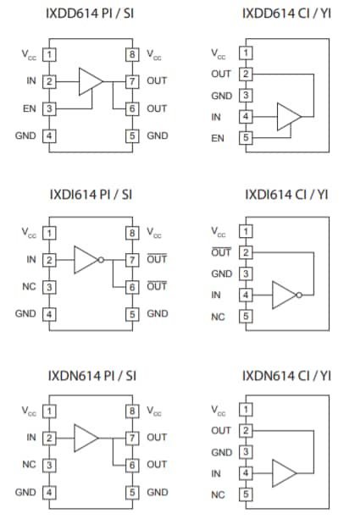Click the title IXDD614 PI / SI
pos(91,14)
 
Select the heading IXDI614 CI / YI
pos(286,195)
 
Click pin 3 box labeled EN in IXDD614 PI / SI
pos(50,108)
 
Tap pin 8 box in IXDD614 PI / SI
pos(132,54)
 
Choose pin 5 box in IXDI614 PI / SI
pos(132,314)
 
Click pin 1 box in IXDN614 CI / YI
pos(246,413)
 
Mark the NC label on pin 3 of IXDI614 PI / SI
pos(28,287)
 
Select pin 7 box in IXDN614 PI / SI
pos(132,438)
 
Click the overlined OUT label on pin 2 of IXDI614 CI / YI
pos(220,252)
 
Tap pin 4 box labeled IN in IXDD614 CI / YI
pos(246,117)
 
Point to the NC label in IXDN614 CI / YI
pos(218,494)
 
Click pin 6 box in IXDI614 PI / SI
pos(132,287)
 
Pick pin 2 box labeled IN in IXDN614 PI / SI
pos(50,438)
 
